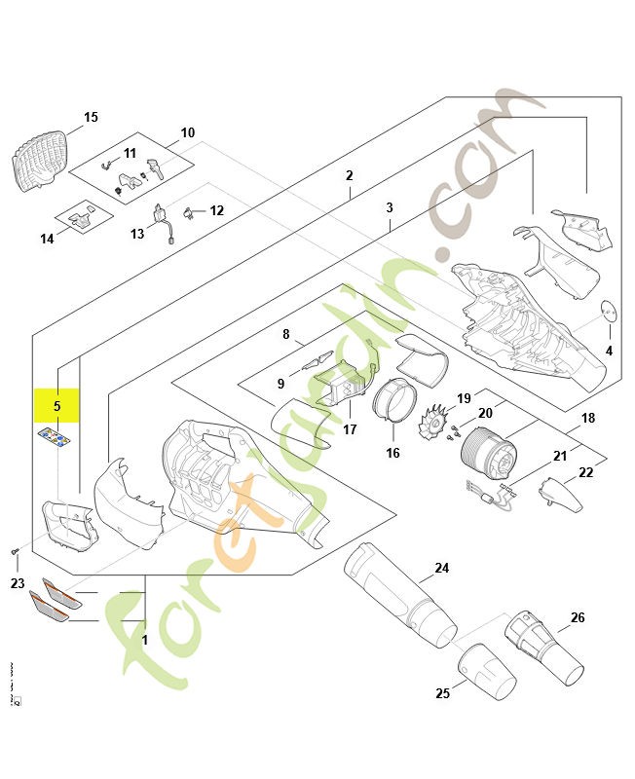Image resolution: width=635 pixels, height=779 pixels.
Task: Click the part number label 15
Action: click(91, 118)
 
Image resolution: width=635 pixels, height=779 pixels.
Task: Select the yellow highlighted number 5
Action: click(57, 405)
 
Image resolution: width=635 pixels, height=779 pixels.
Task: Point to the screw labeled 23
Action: click(16, 554)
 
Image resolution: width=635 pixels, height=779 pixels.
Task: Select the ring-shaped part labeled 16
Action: click(395, 401)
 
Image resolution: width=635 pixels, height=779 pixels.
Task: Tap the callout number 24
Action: click(441, 569)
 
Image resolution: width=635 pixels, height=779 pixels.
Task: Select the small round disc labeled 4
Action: click(610, 311)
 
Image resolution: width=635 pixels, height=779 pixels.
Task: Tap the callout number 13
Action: click(137, 234)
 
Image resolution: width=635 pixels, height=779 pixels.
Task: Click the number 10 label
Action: click(188, 132)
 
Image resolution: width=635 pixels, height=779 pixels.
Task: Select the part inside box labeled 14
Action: click(82, 218)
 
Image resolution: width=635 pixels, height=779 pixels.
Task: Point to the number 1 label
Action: click(144, 641)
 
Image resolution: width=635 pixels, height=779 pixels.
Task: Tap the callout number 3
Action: click(389, 207)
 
